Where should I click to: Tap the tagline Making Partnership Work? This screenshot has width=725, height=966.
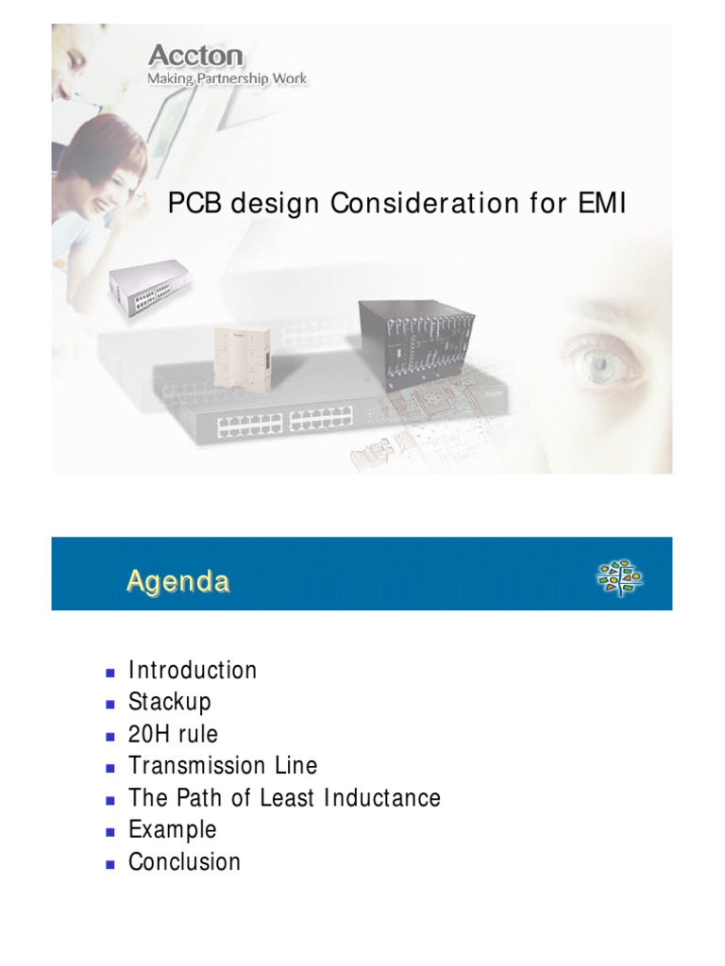(227, 78)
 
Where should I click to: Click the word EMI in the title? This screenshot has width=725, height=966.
(599, 203)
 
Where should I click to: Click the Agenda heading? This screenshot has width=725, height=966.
(178, 581)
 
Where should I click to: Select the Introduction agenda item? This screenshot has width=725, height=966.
(193, 671)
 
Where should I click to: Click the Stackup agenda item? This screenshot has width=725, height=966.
(170, 703)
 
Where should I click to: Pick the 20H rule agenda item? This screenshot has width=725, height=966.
(173, 735)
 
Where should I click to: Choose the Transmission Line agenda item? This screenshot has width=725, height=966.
(223, 766)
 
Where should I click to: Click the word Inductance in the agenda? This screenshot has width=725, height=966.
(382, 798)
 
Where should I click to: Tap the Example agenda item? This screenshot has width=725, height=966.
(173, 830)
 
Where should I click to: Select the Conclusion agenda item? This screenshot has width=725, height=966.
(185, 862)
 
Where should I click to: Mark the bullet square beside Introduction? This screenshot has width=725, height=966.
(110, 673)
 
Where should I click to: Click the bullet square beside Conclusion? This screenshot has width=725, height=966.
(110, 863)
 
